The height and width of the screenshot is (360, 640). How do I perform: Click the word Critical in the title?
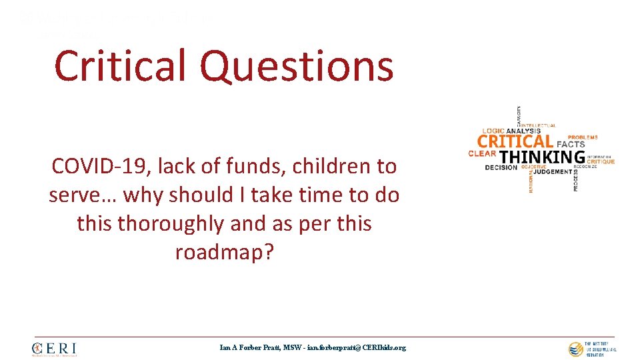point(121,67)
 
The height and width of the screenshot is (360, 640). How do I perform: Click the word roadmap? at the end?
point(224,252)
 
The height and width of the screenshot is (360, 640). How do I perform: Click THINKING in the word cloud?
point(542,157)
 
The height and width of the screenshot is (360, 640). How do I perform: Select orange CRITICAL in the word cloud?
point(515,141)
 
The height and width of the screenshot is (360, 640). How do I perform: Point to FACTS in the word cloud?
point(571,144)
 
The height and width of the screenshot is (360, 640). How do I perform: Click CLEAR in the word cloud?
point(482,154)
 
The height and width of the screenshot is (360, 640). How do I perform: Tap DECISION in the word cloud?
point(501,167)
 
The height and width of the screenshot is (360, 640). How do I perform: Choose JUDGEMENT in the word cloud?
point(553,171)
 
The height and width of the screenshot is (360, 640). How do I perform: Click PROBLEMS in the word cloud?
point(583,137)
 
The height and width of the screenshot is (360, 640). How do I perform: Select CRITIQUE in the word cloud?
point(601,161)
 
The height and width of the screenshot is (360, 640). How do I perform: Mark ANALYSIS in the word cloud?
point(523,131)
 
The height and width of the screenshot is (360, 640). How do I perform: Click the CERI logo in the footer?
point(54,349)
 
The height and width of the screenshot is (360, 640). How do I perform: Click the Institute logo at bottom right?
point(592,348)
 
